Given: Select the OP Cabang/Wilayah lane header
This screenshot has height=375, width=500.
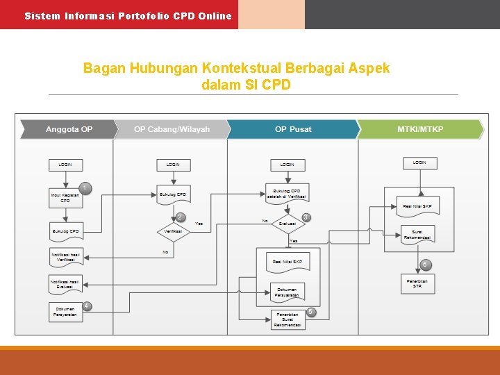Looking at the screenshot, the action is pos(171,130).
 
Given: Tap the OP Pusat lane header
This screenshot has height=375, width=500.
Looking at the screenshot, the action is pos(292,130).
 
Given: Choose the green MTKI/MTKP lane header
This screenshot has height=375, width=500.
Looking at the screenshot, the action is pos(419,130).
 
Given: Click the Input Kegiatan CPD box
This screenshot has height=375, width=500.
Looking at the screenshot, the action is pos(65,198).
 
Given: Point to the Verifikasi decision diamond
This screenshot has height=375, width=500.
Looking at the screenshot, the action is pos(173,231).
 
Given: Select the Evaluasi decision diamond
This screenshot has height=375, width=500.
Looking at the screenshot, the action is pos(287,224).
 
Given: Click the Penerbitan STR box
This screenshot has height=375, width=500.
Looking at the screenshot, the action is pos(417,283).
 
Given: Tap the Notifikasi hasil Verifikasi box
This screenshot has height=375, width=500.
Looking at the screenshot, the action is pos(65,256).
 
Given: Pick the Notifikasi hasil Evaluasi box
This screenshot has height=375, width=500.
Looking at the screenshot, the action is pos(65,283).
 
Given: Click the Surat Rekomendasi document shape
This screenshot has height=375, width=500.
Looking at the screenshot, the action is pos(417,235).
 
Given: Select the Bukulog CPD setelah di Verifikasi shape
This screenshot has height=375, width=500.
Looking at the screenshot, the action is pos(287,193).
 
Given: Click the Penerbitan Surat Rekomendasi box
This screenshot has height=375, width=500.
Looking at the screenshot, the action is pos(287,319).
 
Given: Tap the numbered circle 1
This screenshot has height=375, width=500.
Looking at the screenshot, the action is pos(85,187).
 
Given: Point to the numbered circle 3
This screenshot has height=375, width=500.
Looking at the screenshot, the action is pos(306,217).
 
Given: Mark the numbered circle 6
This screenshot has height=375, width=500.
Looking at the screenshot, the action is pos(424,265).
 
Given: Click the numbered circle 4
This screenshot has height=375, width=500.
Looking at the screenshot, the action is pos(87,306).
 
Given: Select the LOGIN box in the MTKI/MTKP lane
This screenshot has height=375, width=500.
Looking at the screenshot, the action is pos(419,162).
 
